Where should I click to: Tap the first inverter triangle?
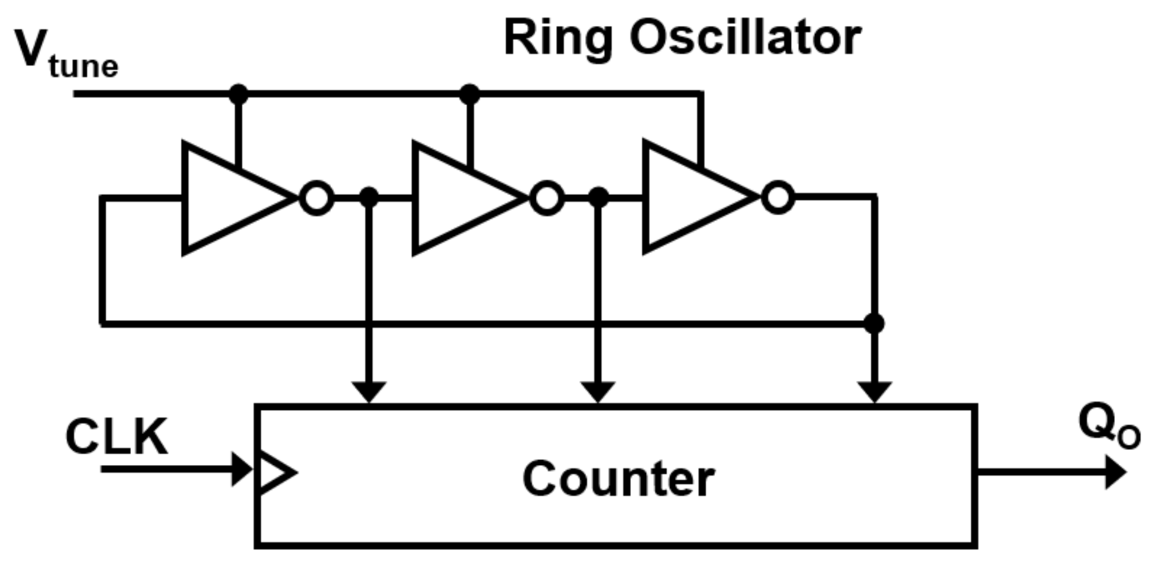point(228,198)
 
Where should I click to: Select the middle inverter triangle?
point(458,198)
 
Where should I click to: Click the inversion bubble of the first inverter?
point(316,198)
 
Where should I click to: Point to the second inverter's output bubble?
point(547,198)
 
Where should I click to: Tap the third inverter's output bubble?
point(778,198)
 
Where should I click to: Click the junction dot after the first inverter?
point(369,197)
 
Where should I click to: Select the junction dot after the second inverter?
point(599,197)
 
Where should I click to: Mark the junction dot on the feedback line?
point(874,323)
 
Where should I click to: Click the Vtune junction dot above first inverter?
point(238,94)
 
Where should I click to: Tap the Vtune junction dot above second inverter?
point(469,94)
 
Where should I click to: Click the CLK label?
point(116,437)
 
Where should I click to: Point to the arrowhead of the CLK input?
point(242,469)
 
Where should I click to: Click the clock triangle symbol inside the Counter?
point(273,472)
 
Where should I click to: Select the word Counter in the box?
point(618,479)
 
